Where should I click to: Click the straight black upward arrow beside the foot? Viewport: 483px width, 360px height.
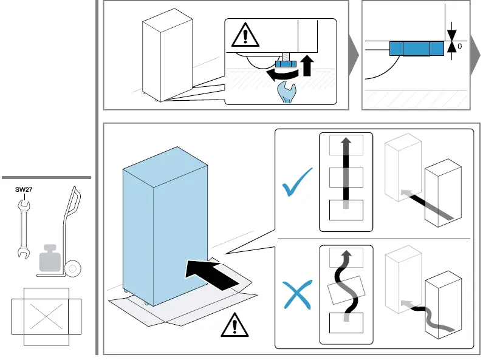(308, 64)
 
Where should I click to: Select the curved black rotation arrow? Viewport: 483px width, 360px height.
(281, 73)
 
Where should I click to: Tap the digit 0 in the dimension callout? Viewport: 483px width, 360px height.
(460, 46)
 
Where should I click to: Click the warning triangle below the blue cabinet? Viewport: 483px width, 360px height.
(231, 327)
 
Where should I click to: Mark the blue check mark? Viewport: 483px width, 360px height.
(298, 183)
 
